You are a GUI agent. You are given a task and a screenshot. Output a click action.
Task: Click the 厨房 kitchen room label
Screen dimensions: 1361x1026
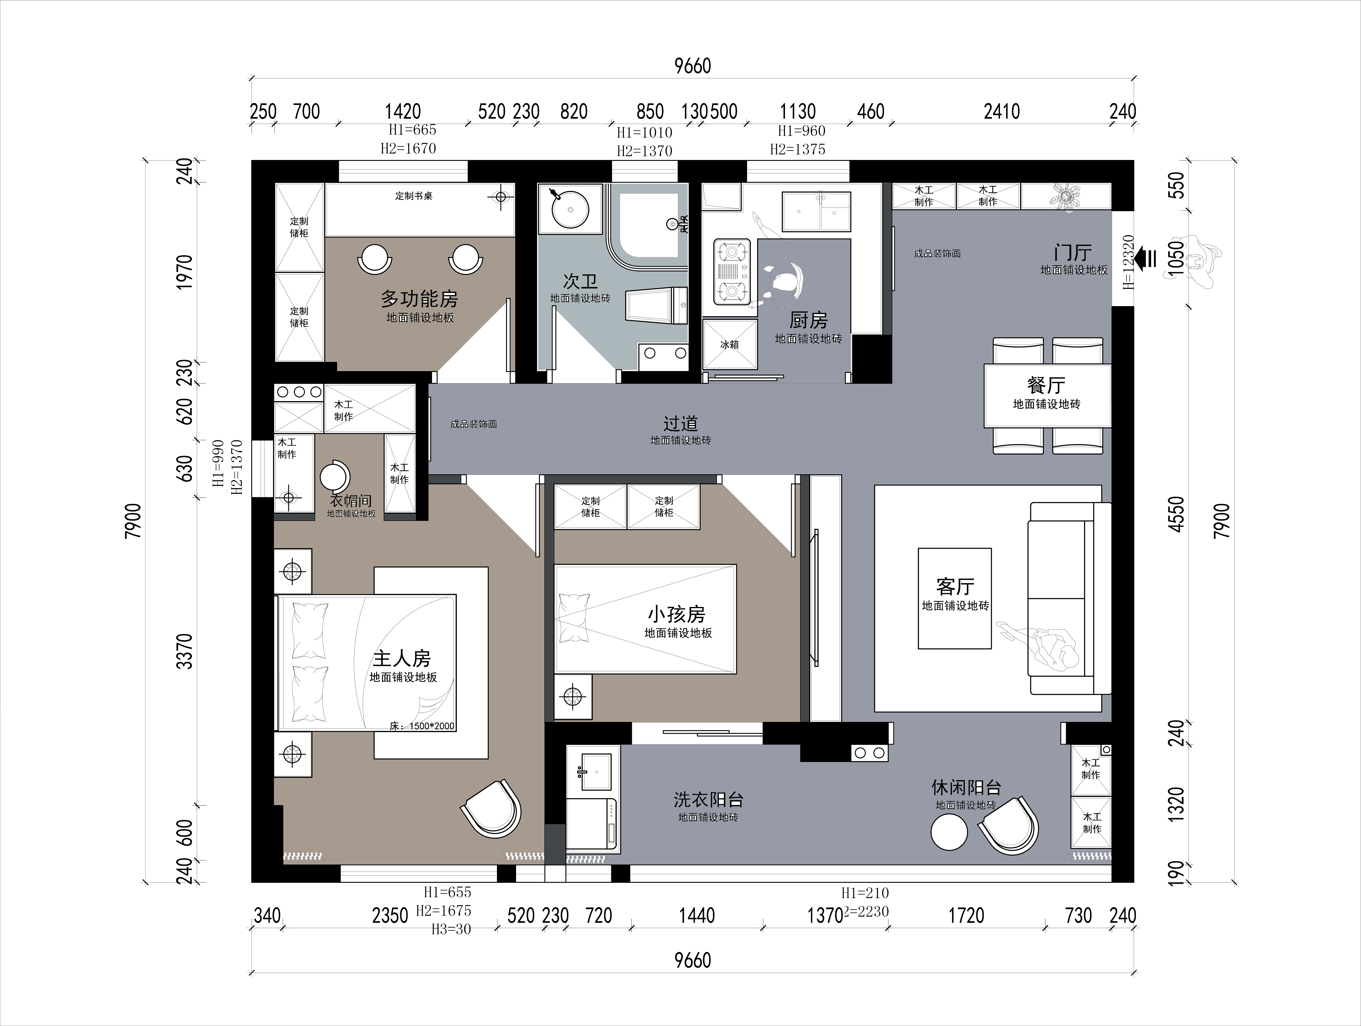pyautogui.click(x=808, y=320)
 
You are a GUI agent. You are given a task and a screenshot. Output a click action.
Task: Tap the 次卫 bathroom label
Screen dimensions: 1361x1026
pyautogui.click(x=580, y=281)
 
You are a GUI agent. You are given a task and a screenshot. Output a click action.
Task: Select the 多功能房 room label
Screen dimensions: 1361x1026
pyautogui.click(x=420, y=299)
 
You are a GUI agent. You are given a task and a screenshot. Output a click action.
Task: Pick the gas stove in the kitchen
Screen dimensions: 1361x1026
pyautogui.click(x=732, y=272)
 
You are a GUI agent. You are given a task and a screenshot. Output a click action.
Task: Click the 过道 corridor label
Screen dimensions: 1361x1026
pyautogui.click(x=681, y=423)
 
